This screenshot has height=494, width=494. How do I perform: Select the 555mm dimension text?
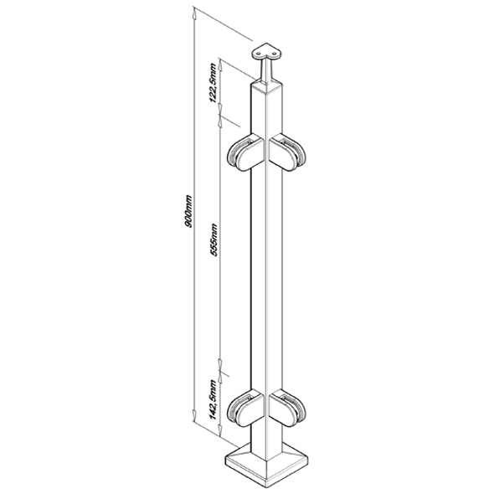[214, 239]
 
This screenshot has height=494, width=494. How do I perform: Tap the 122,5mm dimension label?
[214, 83]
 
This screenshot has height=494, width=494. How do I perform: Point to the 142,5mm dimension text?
[214, 399]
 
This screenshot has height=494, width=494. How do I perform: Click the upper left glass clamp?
[245, 153]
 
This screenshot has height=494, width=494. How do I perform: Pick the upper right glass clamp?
[288, 152]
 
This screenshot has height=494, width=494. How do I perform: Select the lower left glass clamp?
[245, 409]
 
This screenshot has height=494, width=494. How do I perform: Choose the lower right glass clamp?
[288, 409]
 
